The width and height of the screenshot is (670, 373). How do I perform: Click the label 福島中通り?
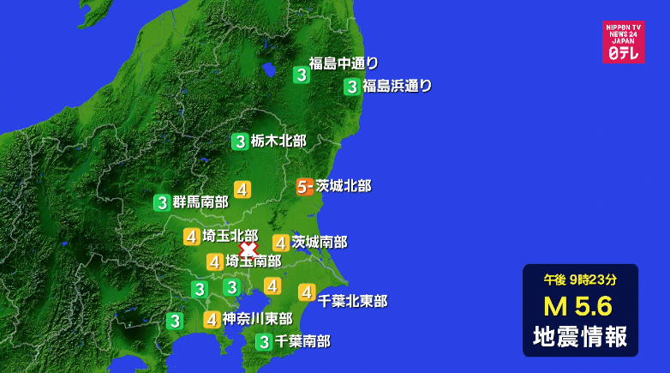tap(344, 63)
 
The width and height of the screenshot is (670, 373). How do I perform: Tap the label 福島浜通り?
tap(397, 86)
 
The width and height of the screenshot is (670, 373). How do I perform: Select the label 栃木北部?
tap(278, 141)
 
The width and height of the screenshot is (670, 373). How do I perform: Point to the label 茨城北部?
tap(344, 185)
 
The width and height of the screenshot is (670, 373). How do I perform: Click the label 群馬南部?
tap(200, 202)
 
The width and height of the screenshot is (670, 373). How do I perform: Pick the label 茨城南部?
tap(320, 243)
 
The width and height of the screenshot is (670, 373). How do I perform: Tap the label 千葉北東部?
tap(352, 301)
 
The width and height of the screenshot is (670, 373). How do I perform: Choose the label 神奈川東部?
tap(258, 319)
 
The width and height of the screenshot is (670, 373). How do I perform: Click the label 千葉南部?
tap(302, 341)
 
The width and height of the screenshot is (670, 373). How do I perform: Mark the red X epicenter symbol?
tap(248, 249)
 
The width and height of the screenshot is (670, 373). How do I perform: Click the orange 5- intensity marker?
tap(304, 186)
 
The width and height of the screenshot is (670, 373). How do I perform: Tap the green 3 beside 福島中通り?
tap(301, 75)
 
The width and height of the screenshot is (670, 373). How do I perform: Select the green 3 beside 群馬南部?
tap(161, 203)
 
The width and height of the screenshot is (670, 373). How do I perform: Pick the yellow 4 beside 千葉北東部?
tap(306, 292)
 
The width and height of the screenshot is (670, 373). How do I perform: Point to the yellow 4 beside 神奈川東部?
tap(211, 320)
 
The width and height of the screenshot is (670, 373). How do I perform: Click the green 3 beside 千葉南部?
tap(264, 342)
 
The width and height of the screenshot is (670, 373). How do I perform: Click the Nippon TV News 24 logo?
tap(623, 41)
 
